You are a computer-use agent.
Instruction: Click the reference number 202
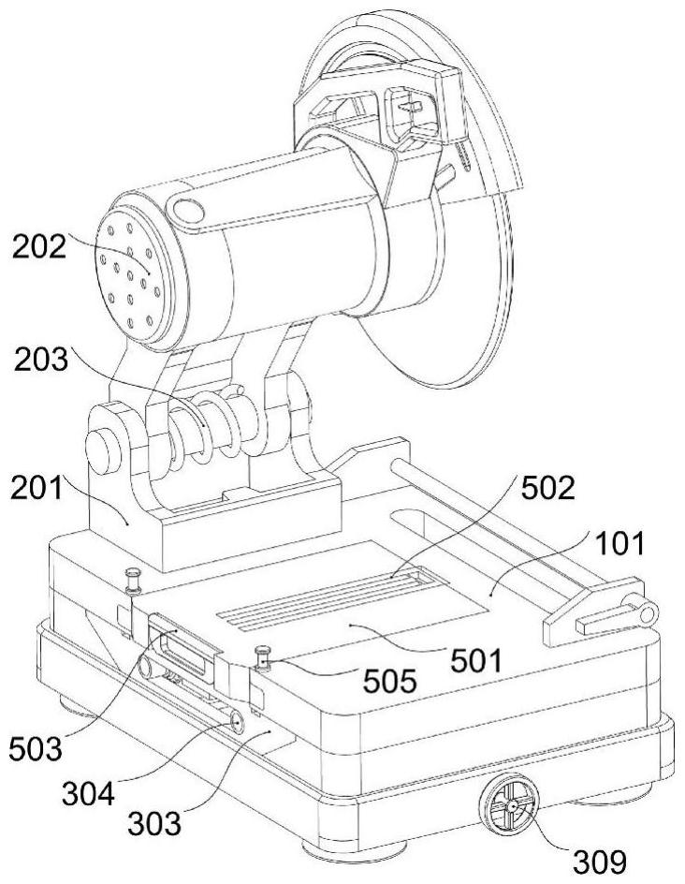pyautogui.click(x=39, y=247)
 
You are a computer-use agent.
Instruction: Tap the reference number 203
pyautogui.click(x=41, y=360)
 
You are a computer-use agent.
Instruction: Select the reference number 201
pyautogui.click(x=36, y=488)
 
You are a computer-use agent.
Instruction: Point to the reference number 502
pyautogui.click(x=547, y=488)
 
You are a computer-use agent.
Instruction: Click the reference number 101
pyautogui.click(x=619, y=543)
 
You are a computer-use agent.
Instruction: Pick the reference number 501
pyautogui.click(x=475, y=661)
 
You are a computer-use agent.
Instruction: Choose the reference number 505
pyautogui.click(x=390, y=682)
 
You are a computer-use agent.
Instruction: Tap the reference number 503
pyautogui.click(x=35, y=749)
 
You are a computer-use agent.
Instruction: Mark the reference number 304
pyautogui.click(x=89, y=794)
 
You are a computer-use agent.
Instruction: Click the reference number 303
pyautogui.click(x=154, y=824)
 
